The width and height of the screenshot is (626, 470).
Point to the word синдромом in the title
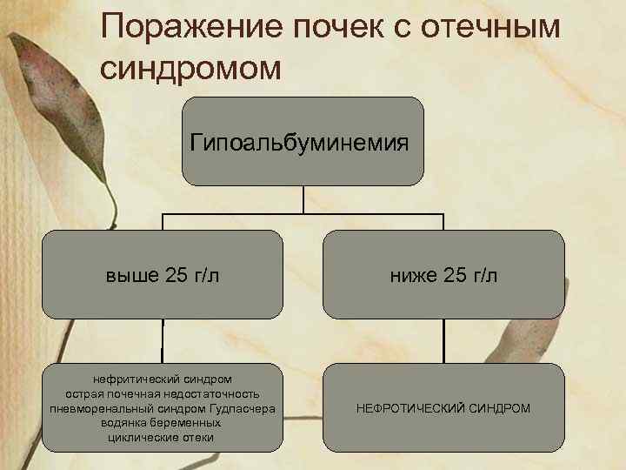(191, 69)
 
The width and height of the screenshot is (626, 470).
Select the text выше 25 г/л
(162, 276)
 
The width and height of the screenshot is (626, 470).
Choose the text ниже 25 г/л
(443, 276)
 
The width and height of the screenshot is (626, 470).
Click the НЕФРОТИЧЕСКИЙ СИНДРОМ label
(443, 407)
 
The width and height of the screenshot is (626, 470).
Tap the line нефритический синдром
(163, 380)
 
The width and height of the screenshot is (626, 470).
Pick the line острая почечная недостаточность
(163, 394)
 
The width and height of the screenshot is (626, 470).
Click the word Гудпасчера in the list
(243, 408)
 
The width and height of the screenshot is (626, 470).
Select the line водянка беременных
(163, 422)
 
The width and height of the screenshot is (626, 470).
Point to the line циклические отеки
(163, 436)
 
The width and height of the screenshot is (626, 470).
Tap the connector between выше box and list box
(163, 340)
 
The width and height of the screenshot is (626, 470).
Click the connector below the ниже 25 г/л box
(443, 340)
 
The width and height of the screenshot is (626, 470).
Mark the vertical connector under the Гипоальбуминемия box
(303, 198)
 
